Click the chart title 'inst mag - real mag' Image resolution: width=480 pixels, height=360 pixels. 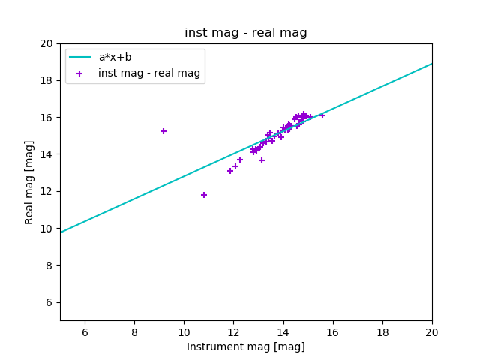246,33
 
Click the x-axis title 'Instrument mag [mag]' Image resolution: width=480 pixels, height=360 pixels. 246,346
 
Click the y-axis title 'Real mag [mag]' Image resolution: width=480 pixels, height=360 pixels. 30,182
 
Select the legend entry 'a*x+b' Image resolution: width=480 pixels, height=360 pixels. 121,57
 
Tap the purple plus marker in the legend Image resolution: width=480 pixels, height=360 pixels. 79,73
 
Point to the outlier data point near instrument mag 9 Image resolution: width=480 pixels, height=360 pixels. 163,131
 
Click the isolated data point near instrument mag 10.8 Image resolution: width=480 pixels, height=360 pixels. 204,195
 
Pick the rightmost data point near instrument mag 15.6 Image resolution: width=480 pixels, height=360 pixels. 322,115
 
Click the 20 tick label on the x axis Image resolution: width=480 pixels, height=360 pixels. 432,331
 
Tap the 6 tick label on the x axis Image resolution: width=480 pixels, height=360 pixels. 85,331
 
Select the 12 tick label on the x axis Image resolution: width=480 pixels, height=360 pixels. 233,331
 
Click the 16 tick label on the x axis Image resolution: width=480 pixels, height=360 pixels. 333,331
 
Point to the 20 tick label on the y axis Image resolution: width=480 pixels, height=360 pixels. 46,43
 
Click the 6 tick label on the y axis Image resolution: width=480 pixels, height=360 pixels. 49,302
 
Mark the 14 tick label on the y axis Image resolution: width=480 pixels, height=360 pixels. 46,154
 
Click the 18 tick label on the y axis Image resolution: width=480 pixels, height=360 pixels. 46,80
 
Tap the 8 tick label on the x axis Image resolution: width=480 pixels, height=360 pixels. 134,331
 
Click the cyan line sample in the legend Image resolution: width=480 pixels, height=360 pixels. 79,57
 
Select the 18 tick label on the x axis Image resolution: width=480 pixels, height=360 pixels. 382,331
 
